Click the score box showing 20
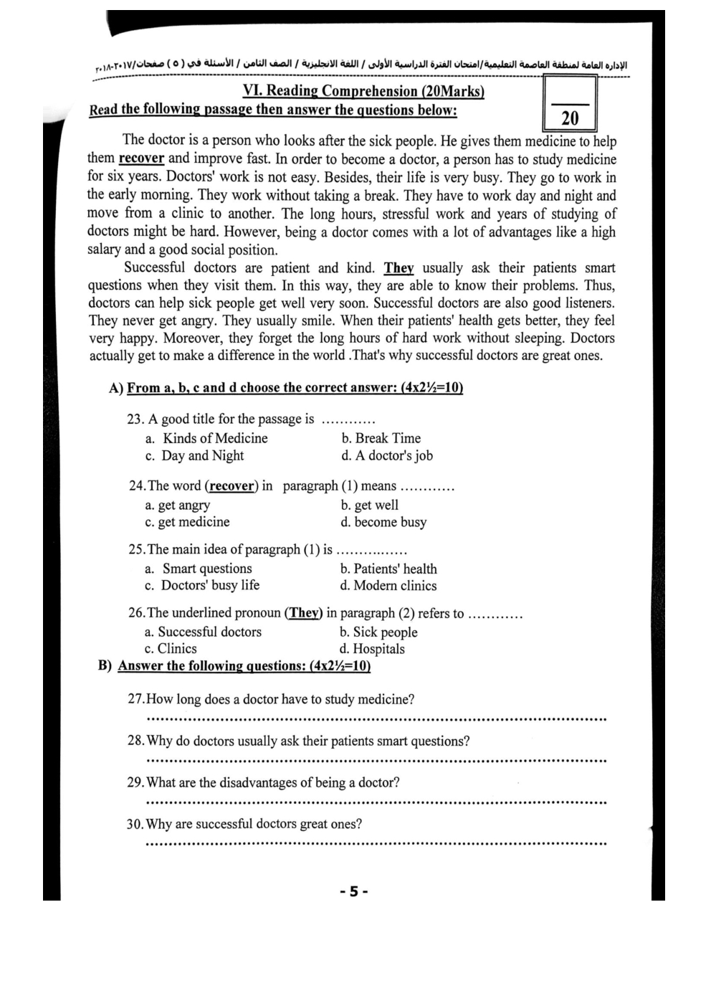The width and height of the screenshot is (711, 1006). [x=570, y=105]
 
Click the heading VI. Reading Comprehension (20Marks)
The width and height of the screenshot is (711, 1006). [x=363, y=91]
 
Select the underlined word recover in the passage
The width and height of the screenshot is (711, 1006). [x=141, y=158]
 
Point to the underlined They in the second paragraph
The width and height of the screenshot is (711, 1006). [x=399, y=268]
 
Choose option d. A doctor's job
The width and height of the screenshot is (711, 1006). [x=387, y=455]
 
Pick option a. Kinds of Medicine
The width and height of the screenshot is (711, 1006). [x=206, y=438]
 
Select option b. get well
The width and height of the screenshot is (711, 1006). [x=369, y=505]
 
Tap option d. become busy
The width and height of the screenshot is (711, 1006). [x=383, y=522]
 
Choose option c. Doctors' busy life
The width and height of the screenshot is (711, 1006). [x=202, y=585]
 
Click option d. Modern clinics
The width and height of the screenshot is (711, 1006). [x=388, y=586]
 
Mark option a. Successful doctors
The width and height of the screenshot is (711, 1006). [x=203, y=632]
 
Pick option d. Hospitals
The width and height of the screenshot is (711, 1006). [x=372, y=649]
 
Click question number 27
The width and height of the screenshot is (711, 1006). [x=136, y=699]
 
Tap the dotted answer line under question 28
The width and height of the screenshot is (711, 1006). [x=376, y=760]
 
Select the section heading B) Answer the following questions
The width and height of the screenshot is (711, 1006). [x=234, y=665]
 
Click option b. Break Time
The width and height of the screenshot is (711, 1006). [x=381, y=438]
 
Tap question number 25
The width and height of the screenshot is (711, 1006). [x=136, y=550]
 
